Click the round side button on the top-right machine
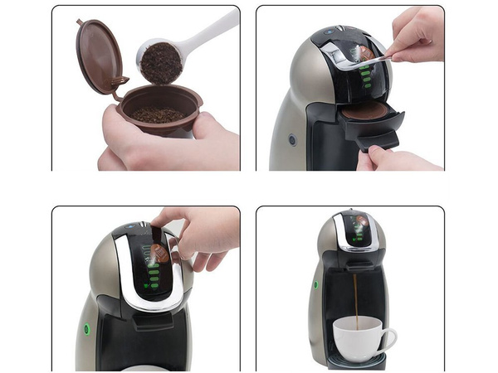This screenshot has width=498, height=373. (292, 140)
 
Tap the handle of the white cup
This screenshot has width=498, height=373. (390, 336)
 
